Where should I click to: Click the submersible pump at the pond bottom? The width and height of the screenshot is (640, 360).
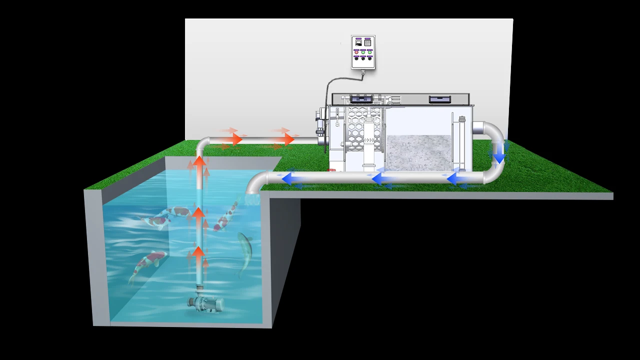204,301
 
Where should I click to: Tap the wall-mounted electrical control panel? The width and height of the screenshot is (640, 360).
363,51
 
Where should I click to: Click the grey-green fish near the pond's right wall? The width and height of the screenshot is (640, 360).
245,253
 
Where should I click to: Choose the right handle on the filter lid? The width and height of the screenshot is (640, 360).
440,99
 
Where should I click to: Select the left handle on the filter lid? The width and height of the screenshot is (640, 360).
361,99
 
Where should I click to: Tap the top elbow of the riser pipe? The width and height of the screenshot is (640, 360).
202,144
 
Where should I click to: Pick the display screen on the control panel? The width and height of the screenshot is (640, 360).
358,43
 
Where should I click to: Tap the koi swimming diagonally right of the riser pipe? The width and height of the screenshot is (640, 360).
226,215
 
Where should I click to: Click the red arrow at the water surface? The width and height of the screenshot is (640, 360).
199,162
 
